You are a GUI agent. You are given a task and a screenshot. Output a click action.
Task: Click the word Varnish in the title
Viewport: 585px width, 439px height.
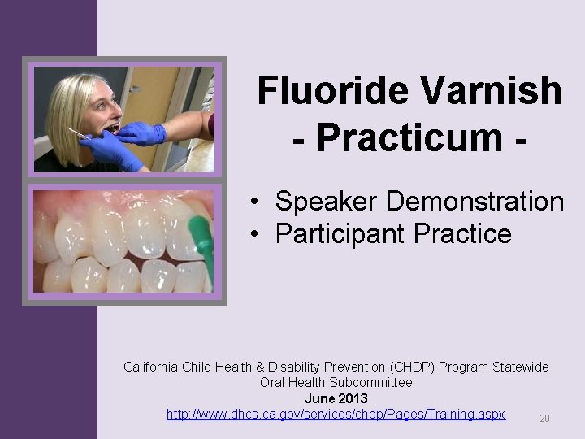(x=487, y=91)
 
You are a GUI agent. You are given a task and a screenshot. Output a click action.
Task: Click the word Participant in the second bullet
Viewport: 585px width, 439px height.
(x=340, y=234)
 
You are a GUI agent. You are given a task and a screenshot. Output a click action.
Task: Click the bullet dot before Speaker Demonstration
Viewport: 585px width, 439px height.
(x=255, y=202)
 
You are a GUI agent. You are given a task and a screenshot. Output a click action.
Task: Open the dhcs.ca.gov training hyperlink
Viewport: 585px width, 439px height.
(x=336, y=414)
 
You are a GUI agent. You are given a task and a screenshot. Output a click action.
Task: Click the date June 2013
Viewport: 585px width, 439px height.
(x=336, y=398)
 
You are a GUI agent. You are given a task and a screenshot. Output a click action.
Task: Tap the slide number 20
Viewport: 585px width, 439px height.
(x=544, y=419)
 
